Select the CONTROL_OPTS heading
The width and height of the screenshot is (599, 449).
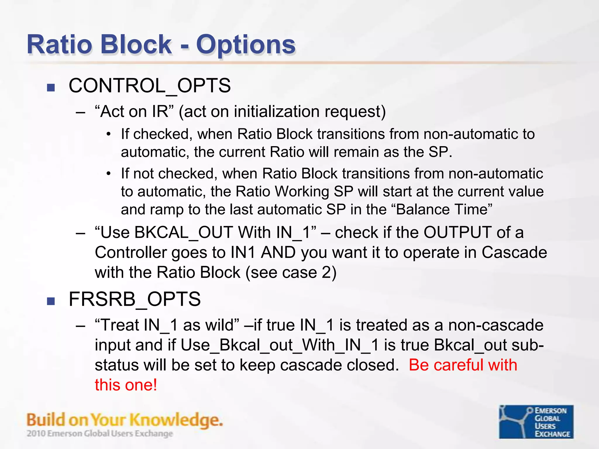point(149,86)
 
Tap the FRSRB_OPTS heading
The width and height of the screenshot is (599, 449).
point(135,299)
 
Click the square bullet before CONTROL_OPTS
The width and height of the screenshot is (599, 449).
point(51,87)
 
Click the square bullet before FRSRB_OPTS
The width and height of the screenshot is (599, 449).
point(51,301)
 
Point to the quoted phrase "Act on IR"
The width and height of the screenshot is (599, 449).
point(134,111)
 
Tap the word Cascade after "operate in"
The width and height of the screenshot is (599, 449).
point(514,252)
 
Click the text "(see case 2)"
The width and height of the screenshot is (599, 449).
point(291,272)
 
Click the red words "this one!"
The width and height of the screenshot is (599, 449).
point(126,385)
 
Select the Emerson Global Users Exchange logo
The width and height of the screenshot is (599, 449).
point(536,422)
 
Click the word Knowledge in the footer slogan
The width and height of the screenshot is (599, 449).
point(175,420)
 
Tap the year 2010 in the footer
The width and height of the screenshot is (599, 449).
point(36,434)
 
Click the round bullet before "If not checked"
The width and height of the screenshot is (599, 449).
point(109,174)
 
